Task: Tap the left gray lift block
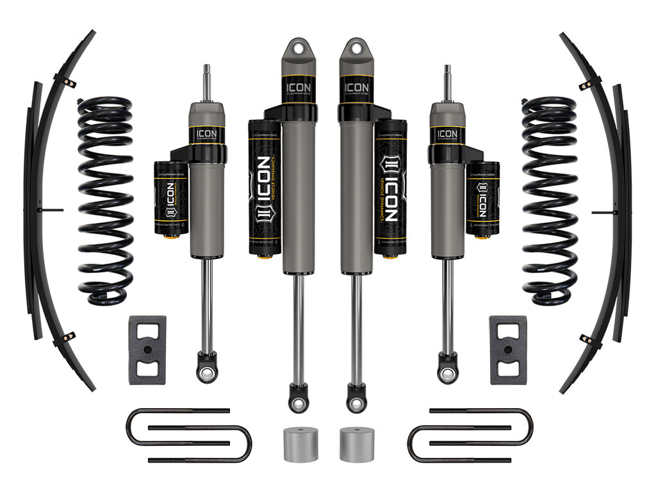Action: click(147, 350)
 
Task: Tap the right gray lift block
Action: click(508, 350)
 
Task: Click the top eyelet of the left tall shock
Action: click(299, 49)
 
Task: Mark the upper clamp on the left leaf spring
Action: click(66, 82)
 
